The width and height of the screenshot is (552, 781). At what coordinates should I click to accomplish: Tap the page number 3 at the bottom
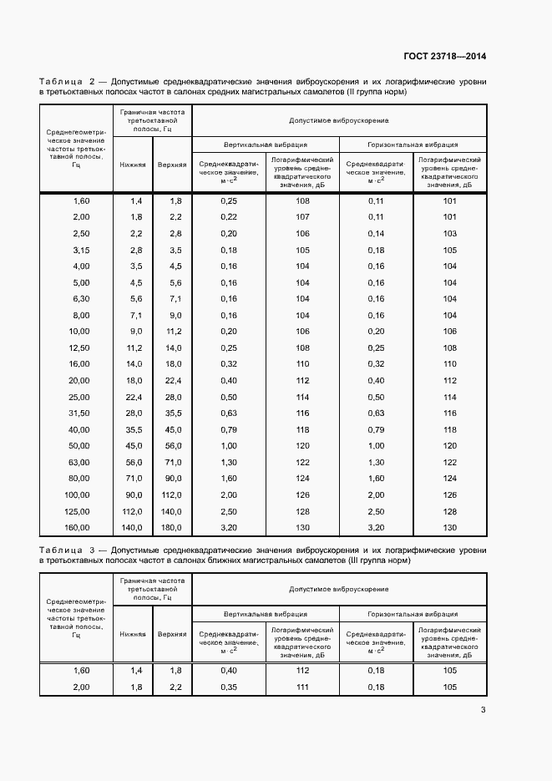(483, 711)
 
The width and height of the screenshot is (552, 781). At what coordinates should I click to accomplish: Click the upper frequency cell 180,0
(171, 527)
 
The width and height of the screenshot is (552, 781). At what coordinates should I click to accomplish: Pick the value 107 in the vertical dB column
(302, 217)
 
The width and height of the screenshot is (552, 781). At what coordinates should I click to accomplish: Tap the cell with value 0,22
(229, 217)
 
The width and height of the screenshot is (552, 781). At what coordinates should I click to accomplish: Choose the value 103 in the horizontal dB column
(450, 233)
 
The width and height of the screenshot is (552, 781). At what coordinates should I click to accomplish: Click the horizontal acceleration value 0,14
(377, 233)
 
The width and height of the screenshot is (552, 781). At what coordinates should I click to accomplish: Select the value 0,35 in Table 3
(229, 687)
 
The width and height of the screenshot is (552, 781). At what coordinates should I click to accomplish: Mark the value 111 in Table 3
(302, 687)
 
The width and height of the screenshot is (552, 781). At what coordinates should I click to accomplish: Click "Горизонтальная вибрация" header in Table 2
(413, 143)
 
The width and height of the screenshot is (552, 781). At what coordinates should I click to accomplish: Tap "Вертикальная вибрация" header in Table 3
(266, 612)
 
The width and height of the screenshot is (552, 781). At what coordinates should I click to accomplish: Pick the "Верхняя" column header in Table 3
(171, 634)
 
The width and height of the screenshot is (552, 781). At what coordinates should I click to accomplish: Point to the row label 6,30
(81, 298)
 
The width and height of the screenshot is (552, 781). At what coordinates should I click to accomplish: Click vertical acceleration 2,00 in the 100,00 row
(229, 494)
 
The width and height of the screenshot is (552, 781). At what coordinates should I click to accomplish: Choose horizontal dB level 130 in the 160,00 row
(450, 527)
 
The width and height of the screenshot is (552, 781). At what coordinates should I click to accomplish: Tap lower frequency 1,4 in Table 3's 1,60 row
(135, 671)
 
